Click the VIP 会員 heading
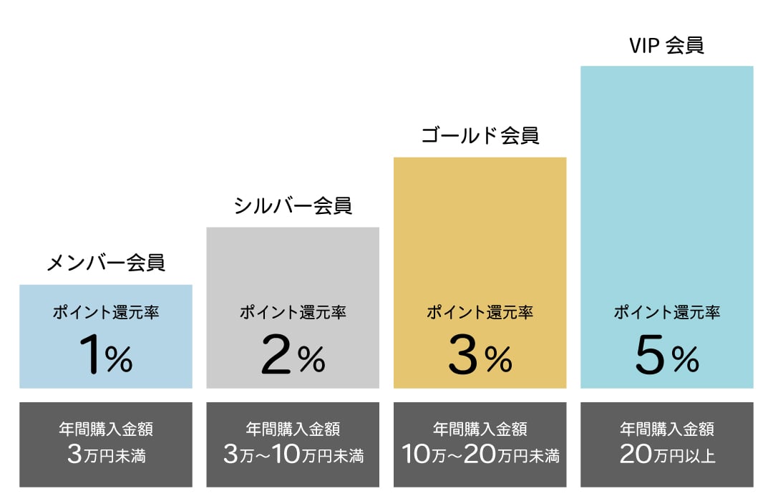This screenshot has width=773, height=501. click(666, 46)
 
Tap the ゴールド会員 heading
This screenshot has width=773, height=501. click(480, 135)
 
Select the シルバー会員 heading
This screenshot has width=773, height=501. click(293, 206)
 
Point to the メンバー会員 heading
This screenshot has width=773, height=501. click(106, 263)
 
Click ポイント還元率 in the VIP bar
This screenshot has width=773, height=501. click(666, 313)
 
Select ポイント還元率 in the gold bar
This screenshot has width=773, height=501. click(480, 313)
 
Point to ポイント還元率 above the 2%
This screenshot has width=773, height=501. click(293, 313)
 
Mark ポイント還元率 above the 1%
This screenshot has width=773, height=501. click(106, 313)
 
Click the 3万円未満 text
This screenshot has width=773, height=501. click(106, 455)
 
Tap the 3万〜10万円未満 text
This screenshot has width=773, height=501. click(293, 455)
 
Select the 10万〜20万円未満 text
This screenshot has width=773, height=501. click(480, 455)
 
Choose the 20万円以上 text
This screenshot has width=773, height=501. click(666, 455)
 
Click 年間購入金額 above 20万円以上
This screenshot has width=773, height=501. click(666, 429)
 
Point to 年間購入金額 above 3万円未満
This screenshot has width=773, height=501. click(106, 429)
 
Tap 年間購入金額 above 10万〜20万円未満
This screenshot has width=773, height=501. click(480, 429)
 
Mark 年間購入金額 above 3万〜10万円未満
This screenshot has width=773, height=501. click(293, 429)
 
